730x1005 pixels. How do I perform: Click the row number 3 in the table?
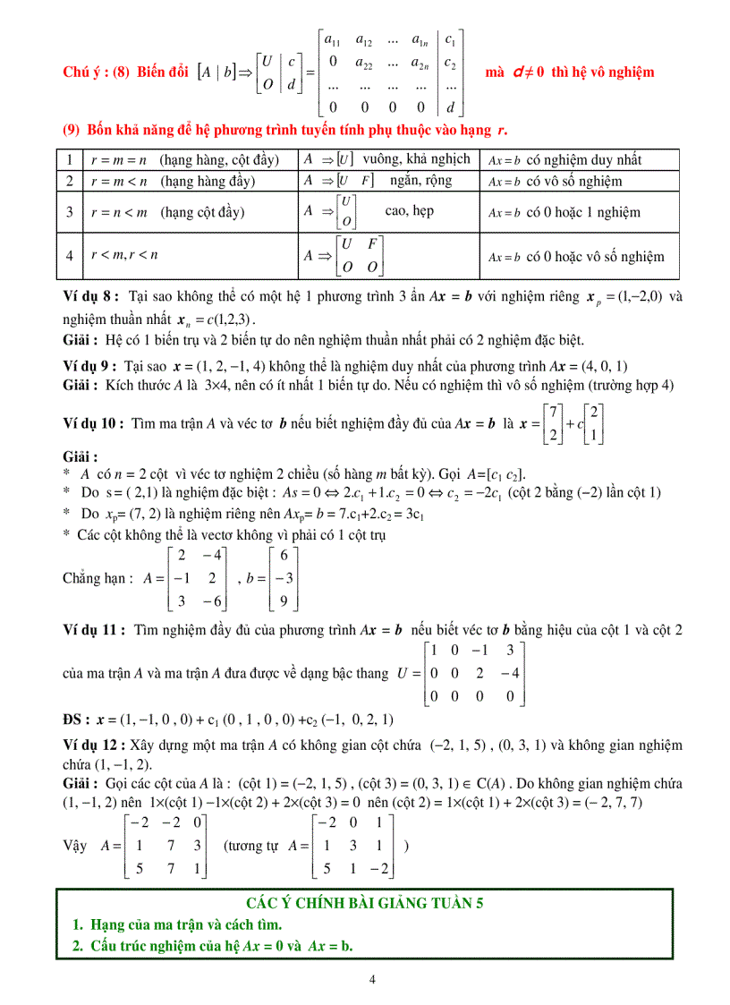point(69,213)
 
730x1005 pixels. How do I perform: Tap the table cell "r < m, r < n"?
point(124,256)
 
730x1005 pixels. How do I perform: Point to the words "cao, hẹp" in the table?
point(410,211)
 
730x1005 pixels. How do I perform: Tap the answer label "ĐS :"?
point(78,719)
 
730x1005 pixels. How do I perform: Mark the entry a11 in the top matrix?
point(332,41)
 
